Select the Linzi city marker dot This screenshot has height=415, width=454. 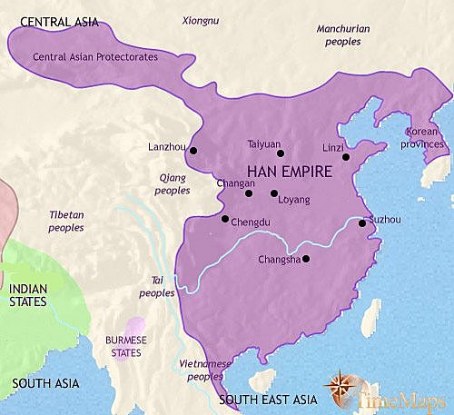[345, 157]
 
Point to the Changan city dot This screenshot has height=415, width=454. [248, 193]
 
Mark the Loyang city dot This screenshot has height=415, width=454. [273, 193]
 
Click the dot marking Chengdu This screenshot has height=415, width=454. [225, 219]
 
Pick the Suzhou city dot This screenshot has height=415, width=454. [362, 222]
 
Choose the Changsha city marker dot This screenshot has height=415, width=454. [306, 260]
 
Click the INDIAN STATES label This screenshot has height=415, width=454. [30, 295]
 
